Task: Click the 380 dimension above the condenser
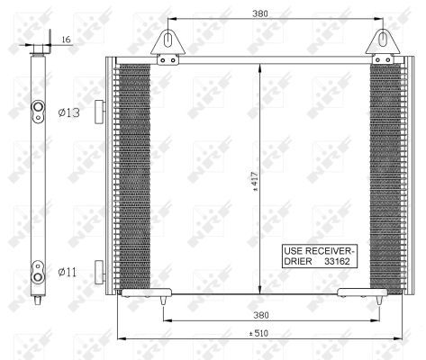[x=261, y=14]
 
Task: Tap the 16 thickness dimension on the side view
[x=66, y=40]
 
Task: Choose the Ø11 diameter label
[x=68, y=270]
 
